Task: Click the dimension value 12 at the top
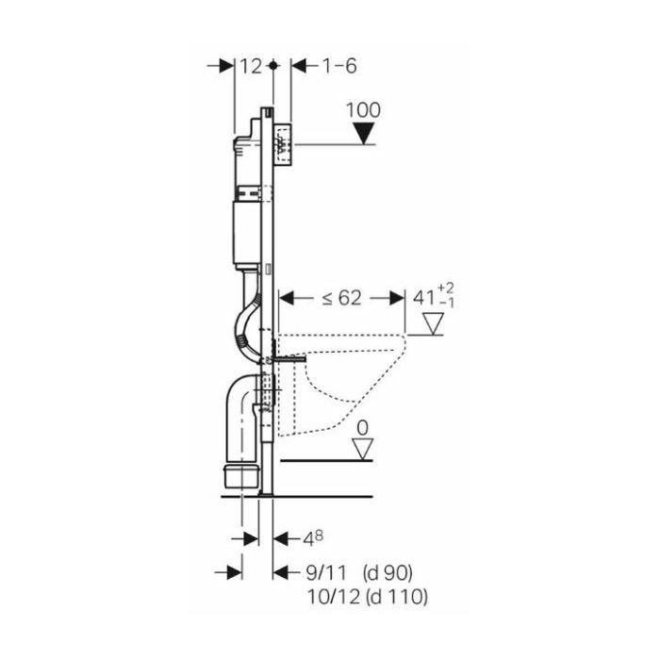tap(251, 67)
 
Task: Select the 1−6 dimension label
tap(339, 66)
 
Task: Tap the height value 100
tap(363, 110)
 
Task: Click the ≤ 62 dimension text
tap(341, 299)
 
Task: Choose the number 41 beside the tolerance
tap(424, 298)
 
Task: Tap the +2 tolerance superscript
tap(446, 289)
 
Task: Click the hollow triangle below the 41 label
tap(434, 323)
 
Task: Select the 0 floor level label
tap(362, 428)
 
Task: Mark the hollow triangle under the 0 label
tap(363, 449)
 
